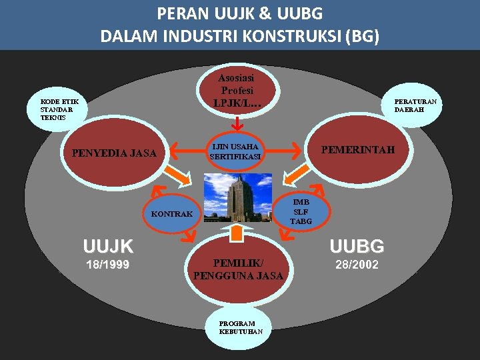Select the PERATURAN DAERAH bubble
click(415, 105)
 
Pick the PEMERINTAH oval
click(357, 150)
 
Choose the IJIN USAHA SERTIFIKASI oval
click(235, 152)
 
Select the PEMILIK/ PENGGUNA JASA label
click(238, 269)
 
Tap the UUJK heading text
click(108, 247)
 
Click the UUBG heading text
click(357, 247)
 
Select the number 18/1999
click(108, 265)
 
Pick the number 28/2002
click(357, 265)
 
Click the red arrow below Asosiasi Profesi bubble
click(237, 123)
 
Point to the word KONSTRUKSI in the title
click(288, 35)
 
